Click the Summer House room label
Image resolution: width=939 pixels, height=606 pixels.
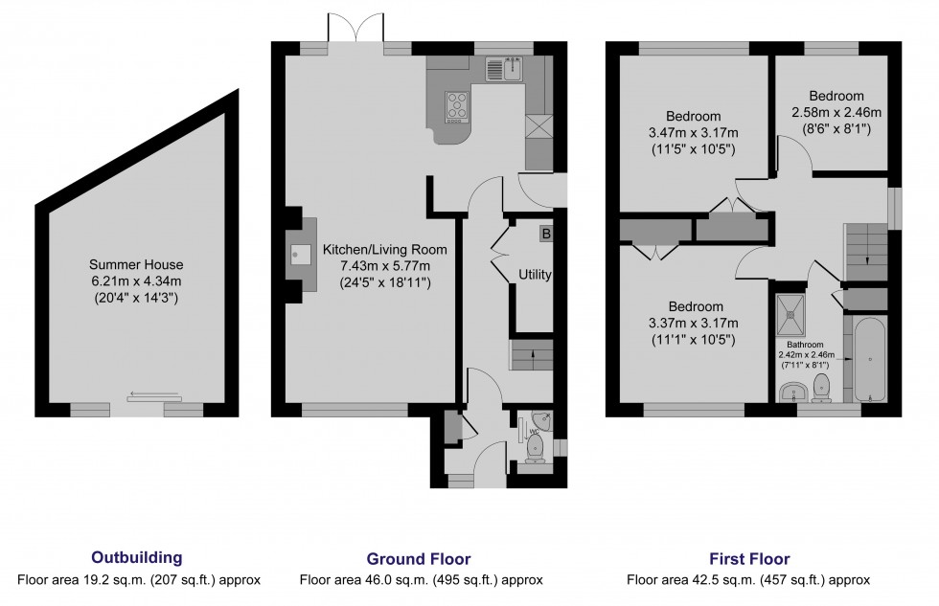[x=136, y=264]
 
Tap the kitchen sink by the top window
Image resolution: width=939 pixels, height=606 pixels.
[x=504, y=69]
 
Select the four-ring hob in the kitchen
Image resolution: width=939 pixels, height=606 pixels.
[x=458, y=107]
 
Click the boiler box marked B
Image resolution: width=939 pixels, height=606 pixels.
[x=545, y=234]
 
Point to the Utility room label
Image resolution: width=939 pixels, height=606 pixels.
[x=535, y=275]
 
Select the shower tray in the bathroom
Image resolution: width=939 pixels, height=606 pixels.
[x=791, y=314]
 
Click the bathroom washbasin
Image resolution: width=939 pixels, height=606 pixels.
[x=794, y=392]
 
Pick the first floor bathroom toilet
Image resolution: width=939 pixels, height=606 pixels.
[x=821, y=388]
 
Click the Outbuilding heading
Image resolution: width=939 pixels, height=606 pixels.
[x=136, y=557]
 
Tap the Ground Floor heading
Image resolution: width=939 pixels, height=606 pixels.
[x=419, y=559]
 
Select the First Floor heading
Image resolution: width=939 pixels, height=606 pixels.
[x=749, y=559]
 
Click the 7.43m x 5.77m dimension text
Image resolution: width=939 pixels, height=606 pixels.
[x=385, y=266]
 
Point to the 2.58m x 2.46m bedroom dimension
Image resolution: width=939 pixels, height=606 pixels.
[x=836, y=112]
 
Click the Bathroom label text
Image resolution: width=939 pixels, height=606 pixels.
[x=805, y=345]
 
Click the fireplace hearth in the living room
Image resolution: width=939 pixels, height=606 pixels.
[x=301, y=255]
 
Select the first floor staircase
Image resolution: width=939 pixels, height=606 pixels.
[x=865, y=252]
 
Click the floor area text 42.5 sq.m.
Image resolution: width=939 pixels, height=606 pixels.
[x=748, y=580]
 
